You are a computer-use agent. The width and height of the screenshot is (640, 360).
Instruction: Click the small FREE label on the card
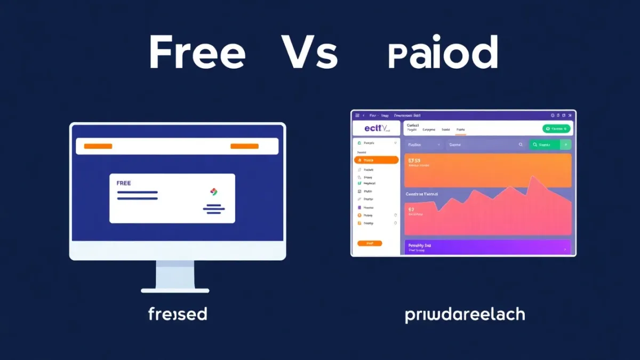pyautogui.click(x=123, y=183)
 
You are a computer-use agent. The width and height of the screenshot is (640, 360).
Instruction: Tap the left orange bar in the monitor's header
pyautogui.click(x=98, y=146)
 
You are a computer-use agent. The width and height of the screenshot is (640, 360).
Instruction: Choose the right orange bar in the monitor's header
pyautogui.click(x=244, y=146)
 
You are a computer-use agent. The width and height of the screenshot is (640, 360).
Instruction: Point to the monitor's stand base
pyautogui.click(x=175, y=290)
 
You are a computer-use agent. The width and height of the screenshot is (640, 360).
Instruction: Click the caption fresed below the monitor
pyautogui.click(x=177, y=315)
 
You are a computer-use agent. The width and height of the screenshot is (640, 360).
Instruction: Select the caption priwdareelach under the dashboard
pyautogui.click(x=465, y=315)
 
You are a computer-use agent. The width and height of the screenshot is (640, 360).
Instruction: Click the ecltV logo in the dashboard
pyautogui.click(x=377, y=129)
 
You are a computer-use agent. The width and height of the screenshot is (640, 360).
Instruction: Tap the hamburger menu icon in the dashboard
pyautogui.click(x=357, y=115)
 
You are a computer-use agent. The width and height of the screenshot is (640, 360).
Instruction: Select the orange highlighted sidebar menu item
pyautogui.click(x=376, y=160)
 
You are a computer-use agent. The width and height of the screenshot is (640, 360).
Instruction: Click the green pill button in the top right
pyautogui.click(x=556, y=129)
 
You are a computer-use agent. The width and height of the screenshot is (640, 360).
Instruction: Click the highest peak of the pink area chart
pyautogui.click(x=531, y=177)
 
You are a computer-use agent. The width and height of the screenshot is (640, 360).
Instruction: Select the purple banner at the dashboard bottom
pyautogui.click(x=487, y=247)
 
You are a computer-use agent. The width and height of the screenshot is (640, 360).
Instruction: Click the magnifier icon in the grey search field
pyautogui.click(x=521, y=145)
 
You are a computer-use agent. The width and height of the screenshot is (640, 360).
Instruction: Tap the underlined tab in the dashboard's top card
pyautogui.click(x=460, y=130)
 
